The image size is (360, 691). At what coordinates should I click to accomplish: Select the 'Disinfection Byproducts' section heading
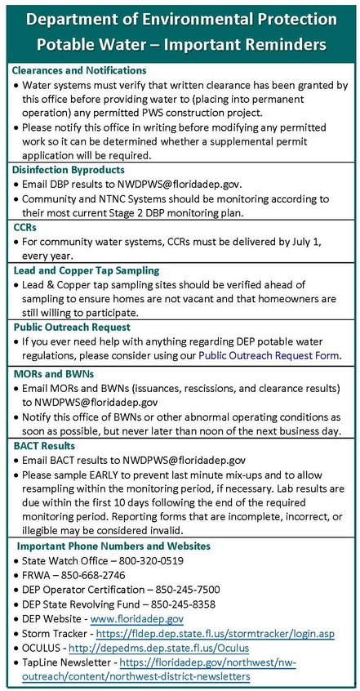click(x=69, y=169)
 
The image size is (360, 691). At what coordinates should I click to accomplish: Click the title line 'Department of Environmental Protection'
click(x=180, y=18)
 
